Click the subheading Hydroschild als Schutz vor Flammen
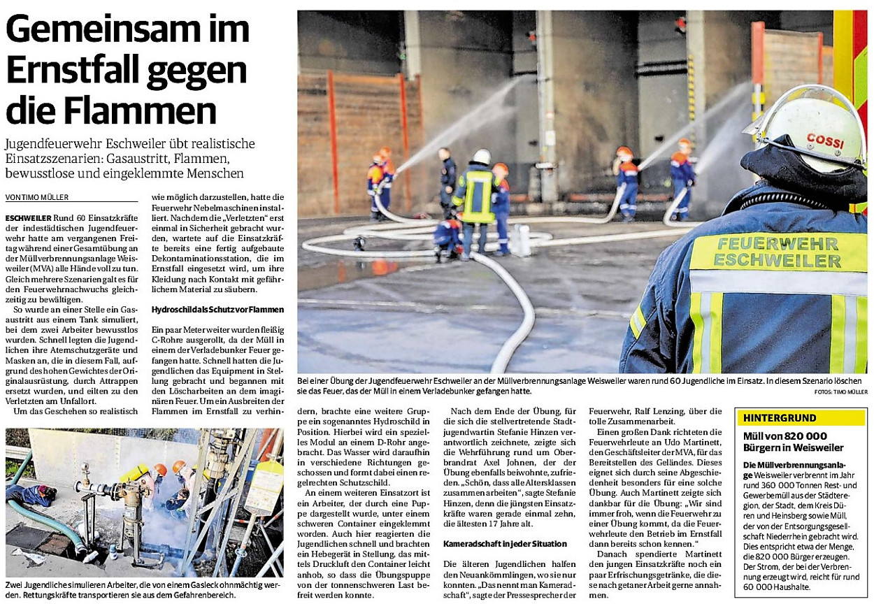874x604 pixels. pyautogui.click(x=218, y=309)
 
